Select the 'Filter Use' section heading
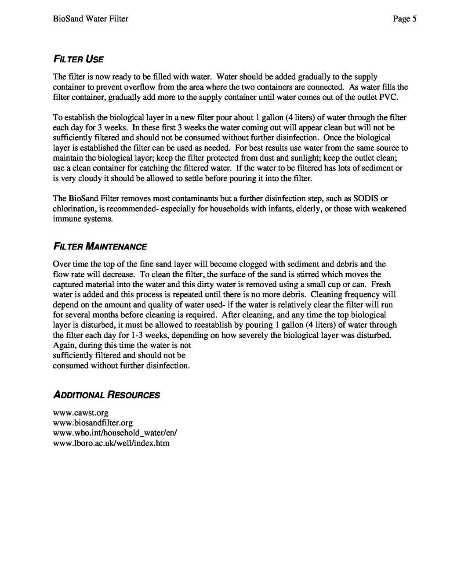click(x=79, y=59)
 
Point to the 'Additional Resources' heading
click(x=106, y=394)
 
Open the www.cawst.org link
click(x=80, y=413)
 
